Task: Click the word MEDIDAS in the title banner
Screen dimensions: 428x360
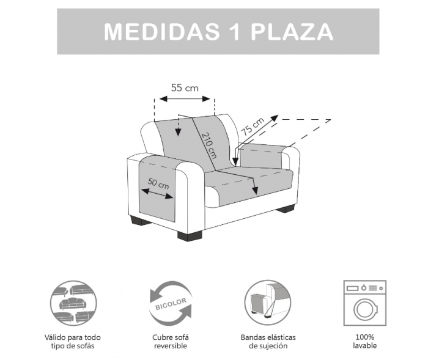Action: (162, 32)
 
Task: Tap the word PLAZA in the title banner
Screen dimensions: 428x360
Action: (292, 32)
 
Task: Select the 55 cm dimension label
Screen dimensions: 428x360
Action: (185, 88)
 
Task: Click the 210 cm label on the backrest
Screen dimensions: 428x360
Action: (209, 145)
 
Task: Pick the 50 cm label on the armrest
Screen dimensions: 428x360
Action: (158, 183)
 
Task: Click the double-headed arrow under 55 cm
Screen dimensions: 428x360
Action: (185, 98)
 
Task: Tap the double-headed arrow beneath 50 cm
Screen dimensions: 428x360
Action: (157, 193)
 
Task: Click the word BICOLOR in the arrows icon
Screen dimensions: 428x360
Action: (171, 304)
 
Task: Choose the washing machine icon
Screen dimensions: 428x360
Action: (364, 303)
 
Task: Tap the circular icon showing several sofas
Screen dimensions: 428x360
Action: (73, 303)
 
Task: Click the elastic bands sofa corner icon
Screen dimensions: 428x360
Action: (268, 303)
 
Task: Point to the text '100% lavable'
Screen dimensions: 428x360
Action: (364, 341)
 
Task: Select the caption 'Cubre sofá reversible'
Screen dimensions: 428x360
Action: (171, 342)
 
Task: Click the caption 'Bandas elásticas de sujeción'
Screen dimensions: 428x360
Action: (268, 342)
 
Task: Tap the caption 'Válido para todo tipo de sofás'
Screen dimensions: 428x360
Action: (73, 342)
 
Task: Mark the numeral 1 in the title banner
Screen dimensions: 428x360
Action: (234, 32)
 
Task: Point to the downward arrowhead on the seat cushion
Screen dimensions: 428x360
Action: (256, 191)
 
